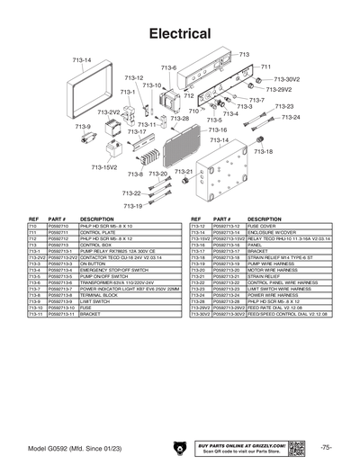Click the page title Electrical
coord(180,33)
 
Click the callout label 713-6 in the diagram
coord(168,68)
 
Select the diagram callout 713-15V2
coord(104,167)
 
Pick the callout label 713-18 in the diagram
coord(263,152)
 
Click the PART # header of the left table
coord(58,219)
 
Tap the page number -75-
coord(325,446)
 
